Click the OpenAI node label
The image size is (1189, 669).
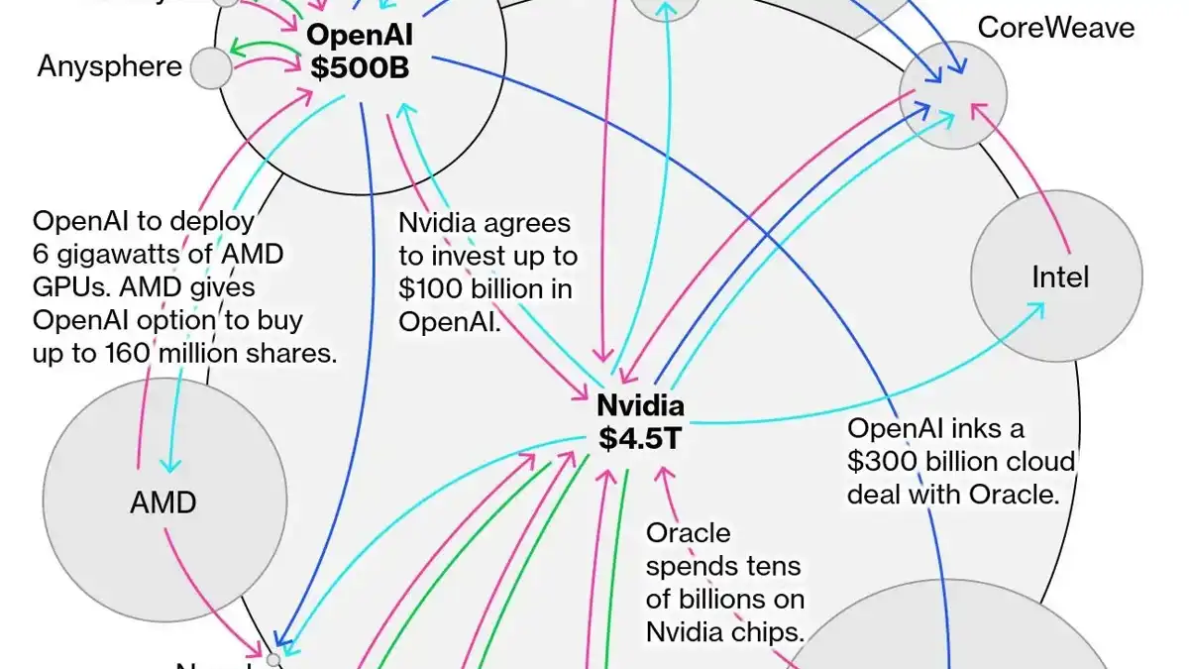360,37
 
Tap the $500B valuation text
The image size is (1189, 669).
360,69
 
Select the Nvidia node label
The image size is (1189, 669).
640,405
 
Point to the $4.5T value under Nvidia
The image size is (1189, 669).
640,438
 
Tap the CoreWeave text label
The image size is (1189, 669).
1056,27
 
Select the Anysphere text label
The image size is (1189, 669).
110,66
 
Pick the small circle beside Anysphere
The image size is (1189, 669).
210,67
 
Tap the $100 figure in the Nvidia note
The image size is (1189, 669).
427,288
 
